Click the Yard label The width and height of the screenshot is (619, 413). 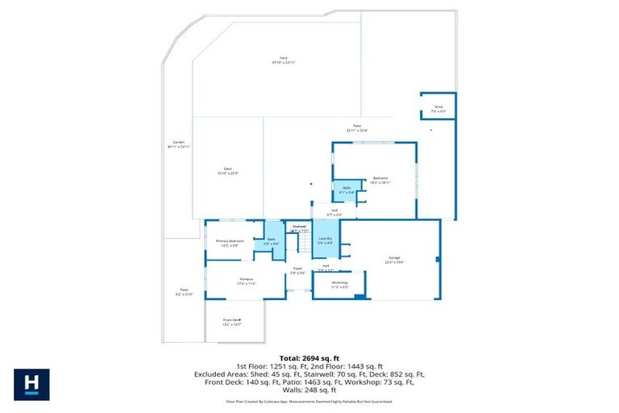pos(283,58)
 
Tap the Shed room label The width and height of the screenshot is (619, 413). pos(438,106)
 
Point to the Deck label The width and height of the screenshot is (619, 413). pos(228,169)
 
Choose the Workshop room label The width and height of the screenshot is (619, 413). pos(339,282)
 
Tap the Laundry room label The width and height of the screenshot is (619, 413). pos(326,239)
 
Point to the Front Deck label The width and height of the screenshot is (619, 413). pos(232,320)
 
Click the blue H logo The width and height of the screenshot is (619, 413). pos(31,385)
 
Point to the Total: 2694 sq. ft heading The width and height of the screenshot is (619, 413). pos(309,357)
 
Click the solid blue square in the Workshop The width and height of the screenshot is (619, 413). pos(359,297)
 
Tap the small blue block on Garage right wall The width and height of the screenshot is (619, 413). pos(438,260)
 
